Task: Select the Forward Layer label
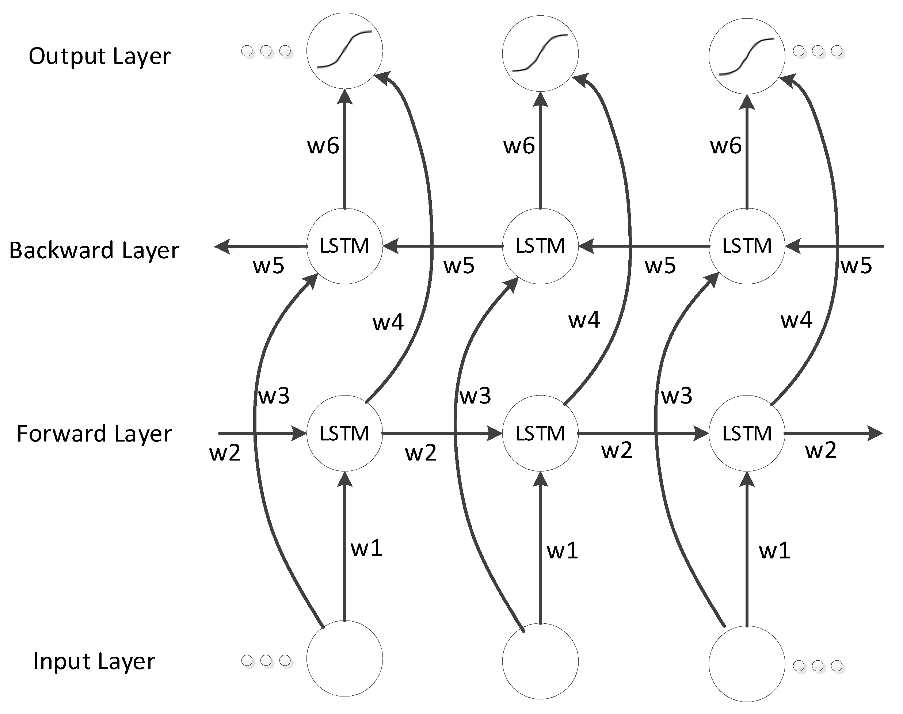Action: click(x=94, y=434)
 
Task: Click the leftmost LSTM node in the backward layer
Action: click(x=344, y=246)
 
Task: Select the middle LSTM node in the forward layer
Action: click(x=540, y=434)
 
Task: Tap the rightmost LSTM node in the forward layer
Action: click(x=747, y=434)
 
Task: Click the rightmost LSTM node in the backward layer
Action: click(x=747, y=246)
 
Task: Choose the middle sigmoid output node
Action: click(x=540, y=53)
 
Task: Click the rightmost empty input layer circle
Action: click(x=747, y=664)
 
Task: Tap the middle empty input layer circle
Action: click(x=540, y=662)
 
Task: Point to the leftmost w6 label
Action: click(x=323, y=146)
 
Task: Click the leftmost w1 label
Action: click(x=366, y=549)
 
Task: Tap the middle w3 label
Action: click(x=475, y=396)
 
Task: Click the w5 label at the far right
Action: click(x=856, y=266)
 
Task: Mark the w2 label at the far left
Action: click(x=225, y=453)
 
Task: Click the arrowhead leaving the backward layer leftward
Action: click(x=222, y=247)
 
